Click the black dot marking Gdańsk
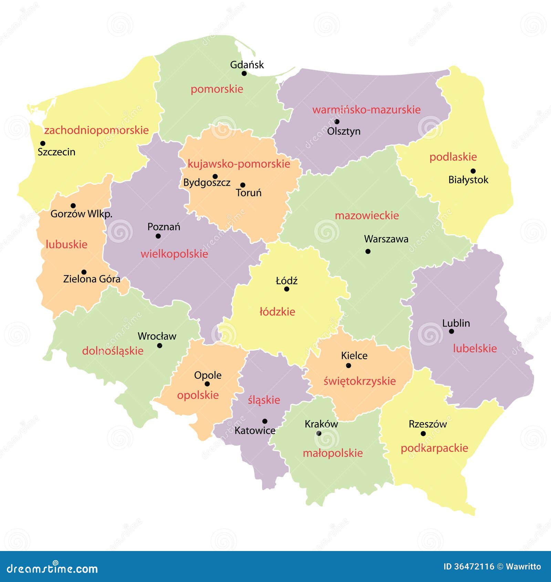click(244, 73)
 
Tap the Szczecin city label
click(56, 152)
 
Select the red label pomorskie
click(217, 89)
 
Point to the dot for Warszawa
click(368, 251)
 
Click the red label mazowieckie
click(367, 216)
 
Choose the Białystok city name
click(468, 180)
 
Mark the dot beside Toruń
click(243, 185)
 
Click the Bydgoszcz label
click(207, 183)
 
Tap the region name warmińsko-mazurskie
click(366, 110)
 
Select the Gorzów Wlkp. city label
click(81, 214)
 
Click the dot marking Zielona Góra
click(84, 272)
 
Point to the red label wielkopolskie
click(174, 254)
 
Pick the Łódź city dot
click(287, 289)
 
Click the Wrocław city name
click(157, 336)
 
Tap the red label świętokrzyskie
click(360, 381)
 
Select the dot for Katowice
click(265, 421)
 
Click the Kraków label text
click(321, 424)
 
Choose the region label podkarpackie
click(434, 448)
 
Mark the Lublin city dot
click(451, 331)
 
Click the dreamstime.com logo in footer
click(52, 568)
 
